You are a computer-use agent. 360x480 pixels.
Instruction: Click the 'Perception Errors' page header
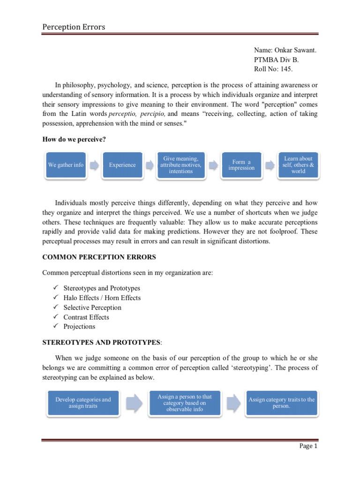(74, 27)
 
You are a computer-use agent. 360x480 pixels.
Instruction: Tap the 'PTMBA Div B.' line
(276, 60)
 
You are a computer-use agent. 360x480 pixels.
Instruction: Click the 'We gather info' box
(66, 165)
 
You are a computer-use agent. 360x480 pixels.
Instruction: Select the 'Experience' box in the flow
(122, 165)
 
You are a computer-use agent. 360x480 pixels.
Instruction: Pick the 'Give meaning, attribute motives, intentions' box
(180, 165)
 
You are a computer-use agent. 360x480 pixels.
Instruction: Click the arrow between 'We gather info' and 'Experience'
(94, 165)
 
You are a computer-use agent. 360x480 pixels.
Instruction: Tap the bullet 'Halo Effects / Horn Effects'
(102, 298)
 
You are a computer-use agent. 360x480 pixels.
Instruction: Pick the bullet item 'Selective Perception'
(92, 307)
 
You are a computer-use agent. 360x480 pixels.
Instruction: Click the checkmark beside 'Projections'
(55, 326)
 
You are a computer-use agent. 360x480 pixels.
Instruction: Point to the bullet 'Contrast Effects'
(87, 317)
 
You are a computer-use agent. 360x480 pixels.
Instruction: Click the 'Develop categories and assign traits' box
(83, 403)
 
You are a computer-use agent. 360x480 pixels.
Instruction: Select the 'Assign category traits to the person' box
(281, 403)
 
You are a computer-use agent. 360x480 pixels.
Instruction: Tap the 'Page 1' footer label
(308, 446)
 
